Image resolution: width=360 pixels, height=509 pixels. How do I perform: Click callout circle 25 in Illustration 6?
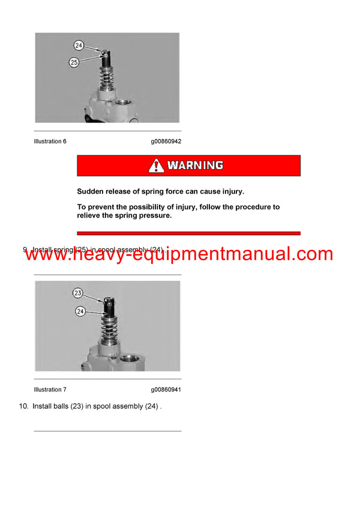pos(74,62)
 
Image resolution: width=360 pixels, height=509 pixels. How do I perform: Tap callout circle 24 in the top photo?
pos(79,45)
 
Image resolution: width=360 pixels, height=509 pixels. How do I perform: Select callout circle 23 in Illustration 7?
pos(79,293)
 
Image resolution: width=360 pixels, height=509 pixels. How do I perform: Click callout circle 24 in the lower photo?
pos(80,311)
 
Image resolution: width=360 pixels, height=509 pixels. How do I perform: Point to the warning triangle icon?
pos(157,165)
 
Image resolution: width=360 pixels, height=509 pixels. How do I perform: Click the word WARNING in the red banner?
pos(195,165)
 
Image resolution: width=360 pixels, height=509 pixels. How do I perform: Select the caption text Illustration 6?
pos(50,141)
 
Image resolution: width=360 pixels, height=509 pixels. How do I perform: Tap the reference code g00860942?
pos(166,141)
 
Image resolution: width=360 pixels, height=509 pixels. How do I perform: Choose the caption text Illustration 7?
pos(50,390)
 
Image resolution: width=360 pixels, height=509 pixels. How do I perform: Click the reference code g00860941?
pos(166,390)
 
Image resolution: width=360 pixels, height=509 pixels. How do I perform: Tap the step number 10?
pos(24,406)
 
